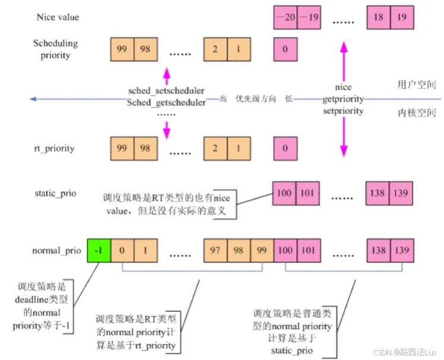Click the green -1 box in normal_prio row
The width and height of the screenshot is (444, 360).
click(99, 250)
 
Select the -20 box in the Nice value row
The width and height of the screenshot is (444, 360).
click(285, 17)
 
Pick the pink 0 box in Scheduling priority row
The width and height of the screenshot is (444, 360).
click(285, 49)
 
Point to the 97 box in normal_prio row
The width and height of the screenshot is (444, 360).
click(215, 250)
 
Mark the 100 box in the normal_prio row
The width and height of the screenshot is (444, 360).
click(285, 250)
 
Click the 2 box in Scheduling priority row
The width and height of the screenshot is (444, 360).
click(215, 49)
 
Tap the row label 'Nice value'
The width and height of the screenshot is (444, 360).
click(58, 17)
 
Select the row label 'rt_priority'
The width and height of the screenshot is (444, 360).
click(54, 148)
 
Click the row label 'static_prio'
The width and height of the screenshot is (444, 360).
click(56, 194)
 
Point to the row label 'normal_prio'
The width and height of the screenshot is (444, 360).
click(55, 251)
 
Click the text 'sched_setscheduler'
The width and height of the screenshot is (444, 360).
click(166, 91)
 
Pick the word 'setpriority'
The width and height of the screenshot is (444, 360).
click(343, 110)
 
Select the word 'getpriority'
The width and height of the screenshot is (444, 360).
click(343, 99)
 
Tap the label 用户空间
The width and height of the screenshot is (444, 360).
click(417, 85)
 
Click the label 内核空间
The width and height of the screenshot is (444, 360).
click(417, 113)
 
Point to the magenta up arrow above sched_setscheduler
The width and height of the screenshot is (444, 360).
click(167, 76)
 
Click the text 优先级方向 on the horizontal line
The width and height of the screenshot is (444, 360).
click(256, 99)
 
